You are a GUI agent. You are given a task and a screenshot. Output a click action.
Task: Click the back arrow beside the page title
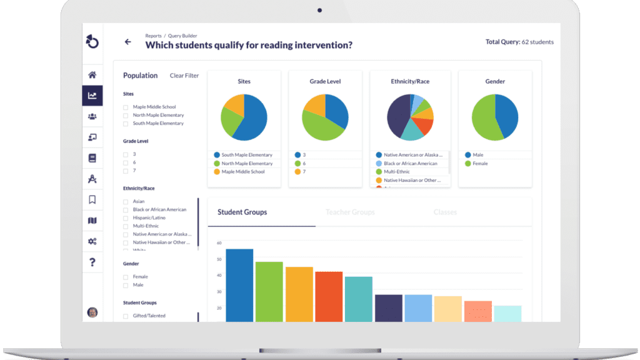coord(128,42)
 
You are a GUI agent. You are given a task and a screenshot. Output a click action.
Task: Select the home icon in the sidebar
coord(92,75)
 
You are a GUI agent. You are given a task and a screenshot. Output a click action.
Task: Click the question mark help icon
coord(92,262)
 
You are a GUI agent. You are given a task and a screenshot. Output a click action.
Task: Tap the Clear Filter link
coord(184,76)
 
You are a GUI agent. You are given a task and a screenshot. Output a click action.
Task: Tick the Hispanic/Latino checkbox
coord(126,218)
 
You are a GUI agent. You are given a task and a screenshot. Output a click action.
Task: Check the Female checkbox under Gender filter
coord(126,277)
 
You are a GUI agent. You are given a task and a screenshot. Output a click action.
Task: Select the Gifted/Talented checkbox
coord(126,316)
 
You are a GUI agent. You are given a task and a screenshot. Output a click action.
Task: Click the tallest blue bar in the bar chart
coord(239,285)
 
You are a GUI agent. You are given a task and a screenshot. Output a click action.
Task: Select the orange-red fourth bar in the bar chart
coord(329,296)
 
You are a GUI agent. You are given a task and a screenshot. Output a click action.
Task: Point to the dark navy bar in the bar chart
coord(388,307)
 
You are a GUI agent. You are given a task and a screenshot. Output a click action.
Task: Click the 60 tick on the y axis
coord(219,243)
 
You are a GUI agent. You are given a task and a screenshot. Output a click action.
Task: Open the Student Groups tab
coord(242,212)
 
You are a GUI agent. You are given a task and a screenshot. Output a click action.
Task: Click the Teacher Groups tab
coord(350,212)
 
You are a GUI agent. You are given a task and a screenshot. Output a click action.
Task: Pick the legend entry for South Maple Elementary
coord(247,155)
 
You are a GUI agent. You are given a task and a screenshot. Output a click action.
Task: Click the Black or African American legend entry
coord(410,163)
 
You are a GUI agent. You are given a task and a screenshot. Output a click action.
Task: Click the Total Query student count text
coord(519,42)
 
